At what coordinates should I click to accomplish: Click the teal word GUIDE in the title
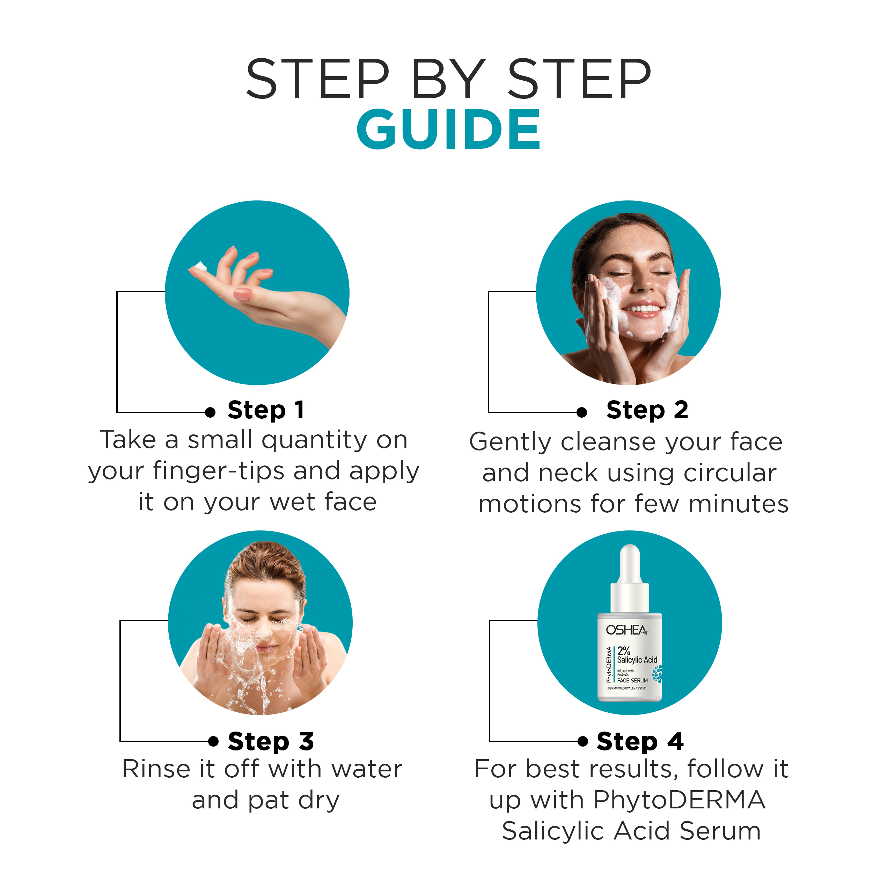tap(449, 129)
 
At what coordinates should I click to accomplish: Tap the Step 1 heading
tap(266, 411)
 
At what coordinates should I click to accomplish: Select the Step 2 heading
tap(647, 411)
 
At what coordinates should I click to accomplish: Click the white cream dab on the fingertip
tap(199, 266)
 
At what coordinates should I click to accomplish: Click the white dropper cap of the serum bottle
tap(630, 578)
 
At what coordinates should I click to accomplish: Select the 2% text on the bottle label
tap(624, 651)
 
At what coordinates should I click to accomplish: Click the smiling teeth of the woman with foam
tap(642, 309)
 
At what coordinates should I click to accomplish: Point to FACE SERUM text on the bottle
tap(632, 681)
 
